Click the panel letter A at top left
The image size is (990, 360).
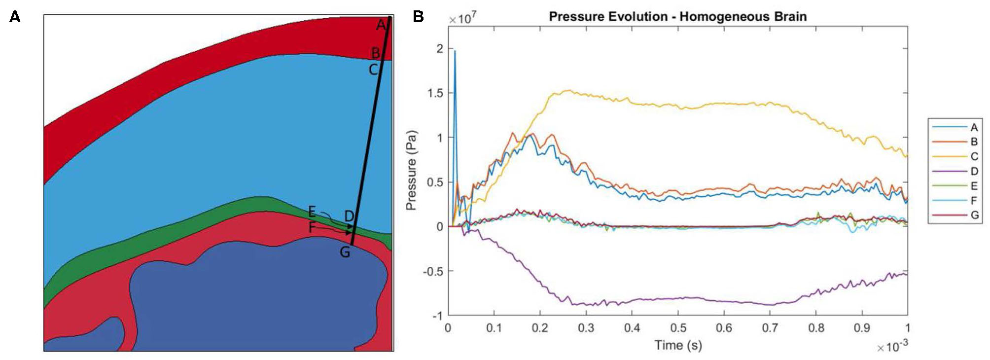15,17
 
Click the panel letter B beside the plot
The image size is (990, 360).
418,17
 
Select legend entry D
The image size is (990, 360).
974,171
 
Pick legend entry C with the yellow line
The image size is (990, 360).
974,157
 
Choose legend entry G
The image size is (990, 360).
974,215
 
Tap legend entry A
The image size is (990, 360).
974,128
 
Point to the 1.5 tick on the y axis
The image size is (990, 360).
436,93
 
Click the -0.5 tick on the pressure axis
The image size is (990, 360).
433,271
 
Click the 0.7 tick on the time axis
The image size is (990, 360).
770,328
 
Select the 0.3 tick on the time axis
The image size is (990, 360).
586,328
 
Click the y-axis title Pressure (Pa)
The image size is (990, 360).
411,170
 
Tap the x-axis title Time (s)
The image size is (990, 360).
678,345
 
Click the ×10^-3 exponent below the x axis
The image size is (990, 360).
892,347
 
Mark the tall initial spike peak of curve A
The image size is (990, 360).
455,51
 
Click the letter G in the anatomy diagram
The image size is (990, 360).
345,252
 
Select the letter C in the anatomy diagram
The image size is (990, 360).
374,70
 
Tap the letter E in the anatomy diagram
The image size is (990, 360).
312,212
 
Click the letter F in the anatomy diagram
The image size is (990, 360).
312,227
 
